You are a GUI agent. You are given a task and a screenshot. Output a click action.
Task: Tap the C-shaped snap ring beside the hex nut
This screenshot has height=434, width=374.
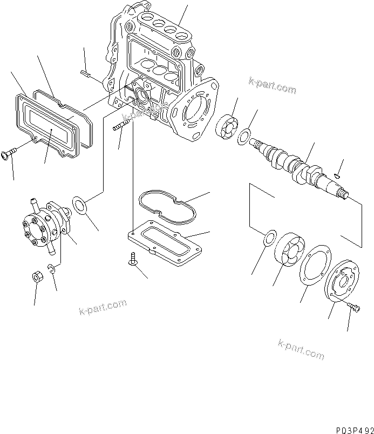(x=52, y=269)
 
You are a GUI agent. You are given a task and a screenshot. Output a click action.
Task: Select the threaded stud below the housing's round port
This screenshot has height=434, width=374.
(x=121, y=129)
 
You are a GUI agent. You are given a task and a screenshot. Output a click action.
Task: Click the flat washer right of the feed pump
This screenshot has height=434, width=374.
(x=80, y=206)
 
